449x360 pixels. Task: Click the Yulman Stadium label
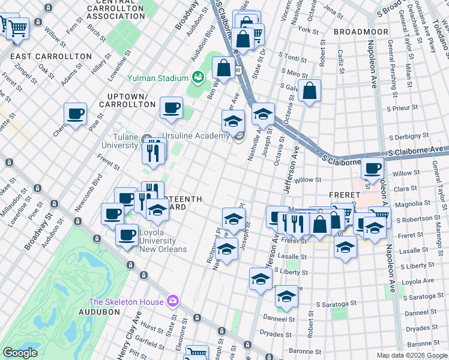coord(157,77)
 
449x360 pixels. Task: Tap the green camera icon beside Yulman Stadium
coord(196,77)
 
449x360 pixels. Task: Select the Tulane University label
coord(119,141)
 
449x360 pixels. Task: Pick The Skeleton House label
coord(127,301)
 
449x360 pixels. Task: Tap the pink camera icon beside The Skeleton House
coord(173,301)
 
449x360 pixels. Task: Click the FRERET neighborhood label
coord(344,196)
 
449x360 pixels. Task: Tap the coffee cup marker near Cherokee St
coord(76,113)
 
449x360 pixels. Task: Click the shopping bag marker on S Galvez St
coord(309,91)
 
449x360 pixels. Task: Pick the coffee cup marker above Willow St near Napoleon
coord(372,169)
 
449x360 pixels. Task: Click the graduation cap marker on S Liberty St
coord(260,279)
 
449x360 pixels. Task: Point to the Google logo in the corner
coord(20,353)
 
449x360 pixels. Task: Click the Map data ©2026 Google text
coord(411,355)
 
